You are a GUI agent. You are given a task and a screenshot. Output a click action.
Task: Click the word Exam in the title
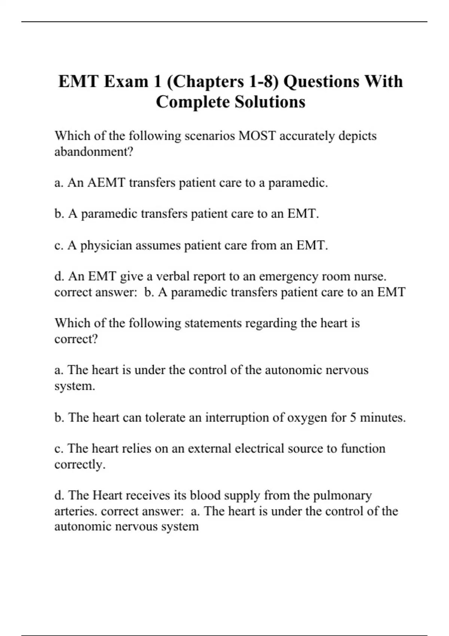coord(126,82)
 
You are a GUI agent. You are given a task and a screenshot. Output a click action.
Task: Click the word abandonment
coord(94,152)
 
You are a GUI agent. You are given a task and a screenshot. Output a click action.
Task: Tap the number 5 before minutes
coord(353,417)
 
